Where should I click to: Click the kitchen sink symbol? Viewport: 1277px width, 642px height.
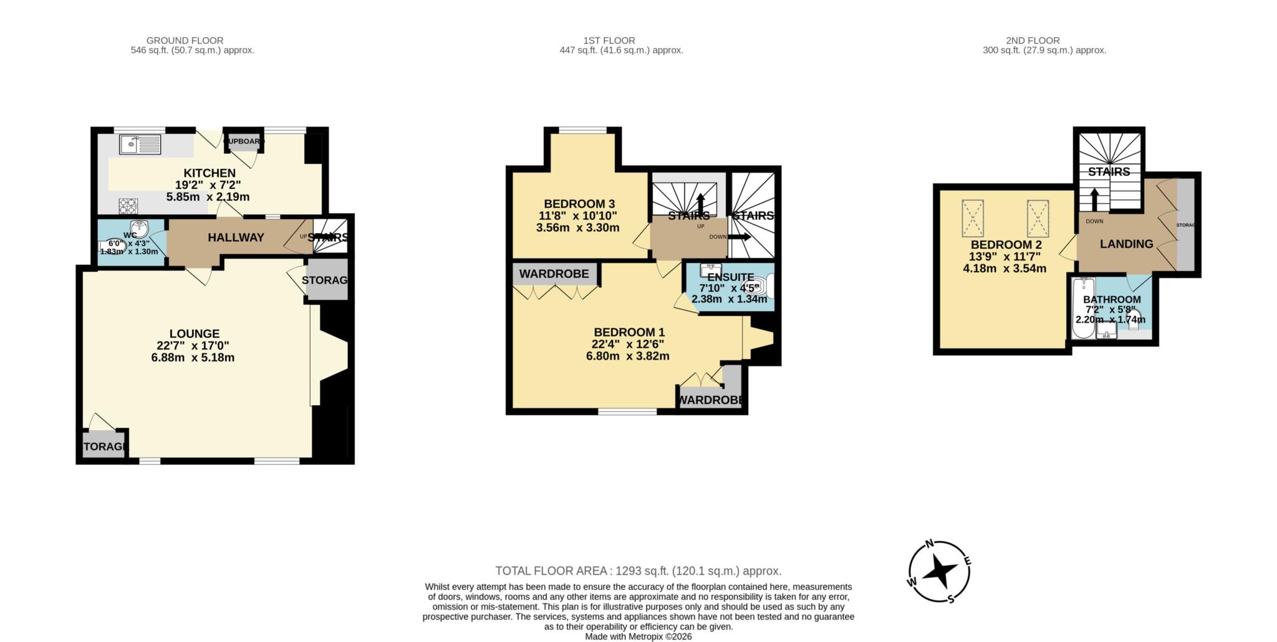click(x=140, y=145)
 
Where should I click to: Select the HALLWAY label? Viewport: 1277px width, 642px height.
click(x=236, y=237)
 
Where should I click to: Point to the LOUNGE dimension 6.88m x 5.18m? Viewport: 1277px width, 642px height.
click(x=193, y=358)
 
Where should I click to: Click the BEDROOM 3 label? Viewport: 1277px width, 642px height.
click(x=579, y=204)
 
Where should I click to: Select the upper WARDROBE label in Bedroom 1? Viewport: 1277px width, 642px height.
click(x=554, y=274)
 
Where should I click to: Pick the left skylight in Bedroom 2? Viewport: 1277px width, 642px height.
click(x=973, y=218)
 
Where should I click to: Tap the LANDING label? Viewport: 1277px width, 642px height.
click(x=1126, y=244)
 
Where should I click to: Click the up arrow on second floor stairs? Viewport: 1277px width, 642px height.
click(x=1094, y=199)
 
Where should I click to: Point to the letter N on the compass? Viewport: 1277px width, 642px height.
click(x=928, y=544)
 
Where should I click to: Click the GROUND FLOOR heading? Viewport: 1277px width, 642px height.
click(x=185, y=41)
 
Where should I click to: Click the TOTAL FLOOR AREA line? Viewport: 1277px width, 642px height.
click(x=638, y=571)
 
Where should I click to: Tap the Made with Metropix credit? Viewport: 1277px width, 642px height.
click(x=638, y=636)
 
